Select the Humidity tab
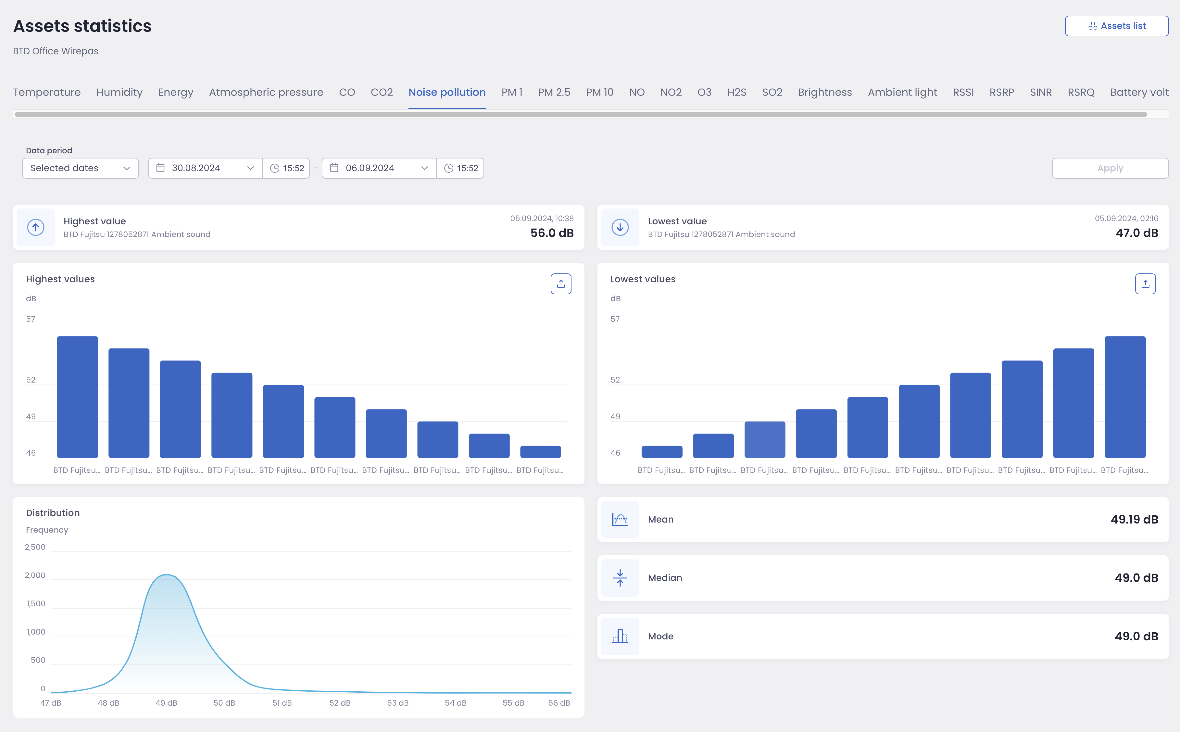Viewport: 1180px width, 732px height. (119, 92)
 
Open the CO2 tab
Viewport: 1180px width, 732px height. (381, 92)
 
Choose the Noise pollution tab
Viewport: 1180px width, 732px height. (447, 92)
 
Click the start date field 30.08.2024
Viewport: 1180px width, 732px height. (205, 168)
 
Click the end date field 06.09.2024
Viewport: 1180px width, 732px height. (379, 168)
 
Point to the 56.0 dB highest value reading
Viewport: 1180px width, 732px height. (552, 233)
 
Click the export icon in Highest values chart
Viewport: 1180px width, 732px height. (560, 284)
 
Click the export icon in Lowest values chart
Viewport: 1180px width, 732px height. (1145, 284)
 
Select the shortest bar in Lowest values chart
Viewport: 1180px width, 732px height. (662, 452)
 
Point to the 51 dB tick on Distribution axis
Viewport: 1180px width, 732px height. (282, 702)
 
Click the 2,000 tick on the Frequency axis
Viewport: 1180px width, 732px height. (35, 575)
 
